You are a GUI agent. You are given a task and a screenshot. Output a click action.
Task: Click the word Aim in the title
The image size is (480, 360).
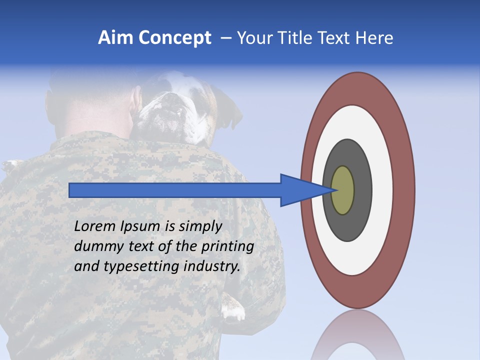coord(115,38)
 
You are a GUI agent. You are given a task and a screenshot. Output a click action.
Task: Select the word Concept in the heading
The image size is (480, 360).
coord(175,38)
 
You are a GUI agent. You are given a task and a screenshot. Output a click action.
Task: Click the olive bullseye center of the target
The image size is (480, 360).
coord(342,190)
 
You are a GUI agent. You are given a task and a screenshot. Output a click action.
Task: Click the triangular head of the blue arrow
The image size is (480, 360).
coord(300,190)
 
